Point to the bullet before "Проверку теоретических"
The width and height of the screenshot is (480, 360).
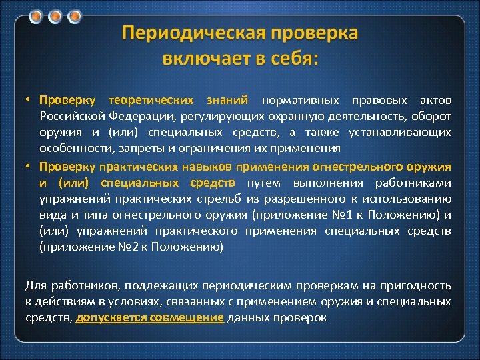tap(29, 101)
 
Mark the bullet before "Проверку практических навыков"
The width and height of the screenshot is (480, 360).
tap(29, 166)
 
